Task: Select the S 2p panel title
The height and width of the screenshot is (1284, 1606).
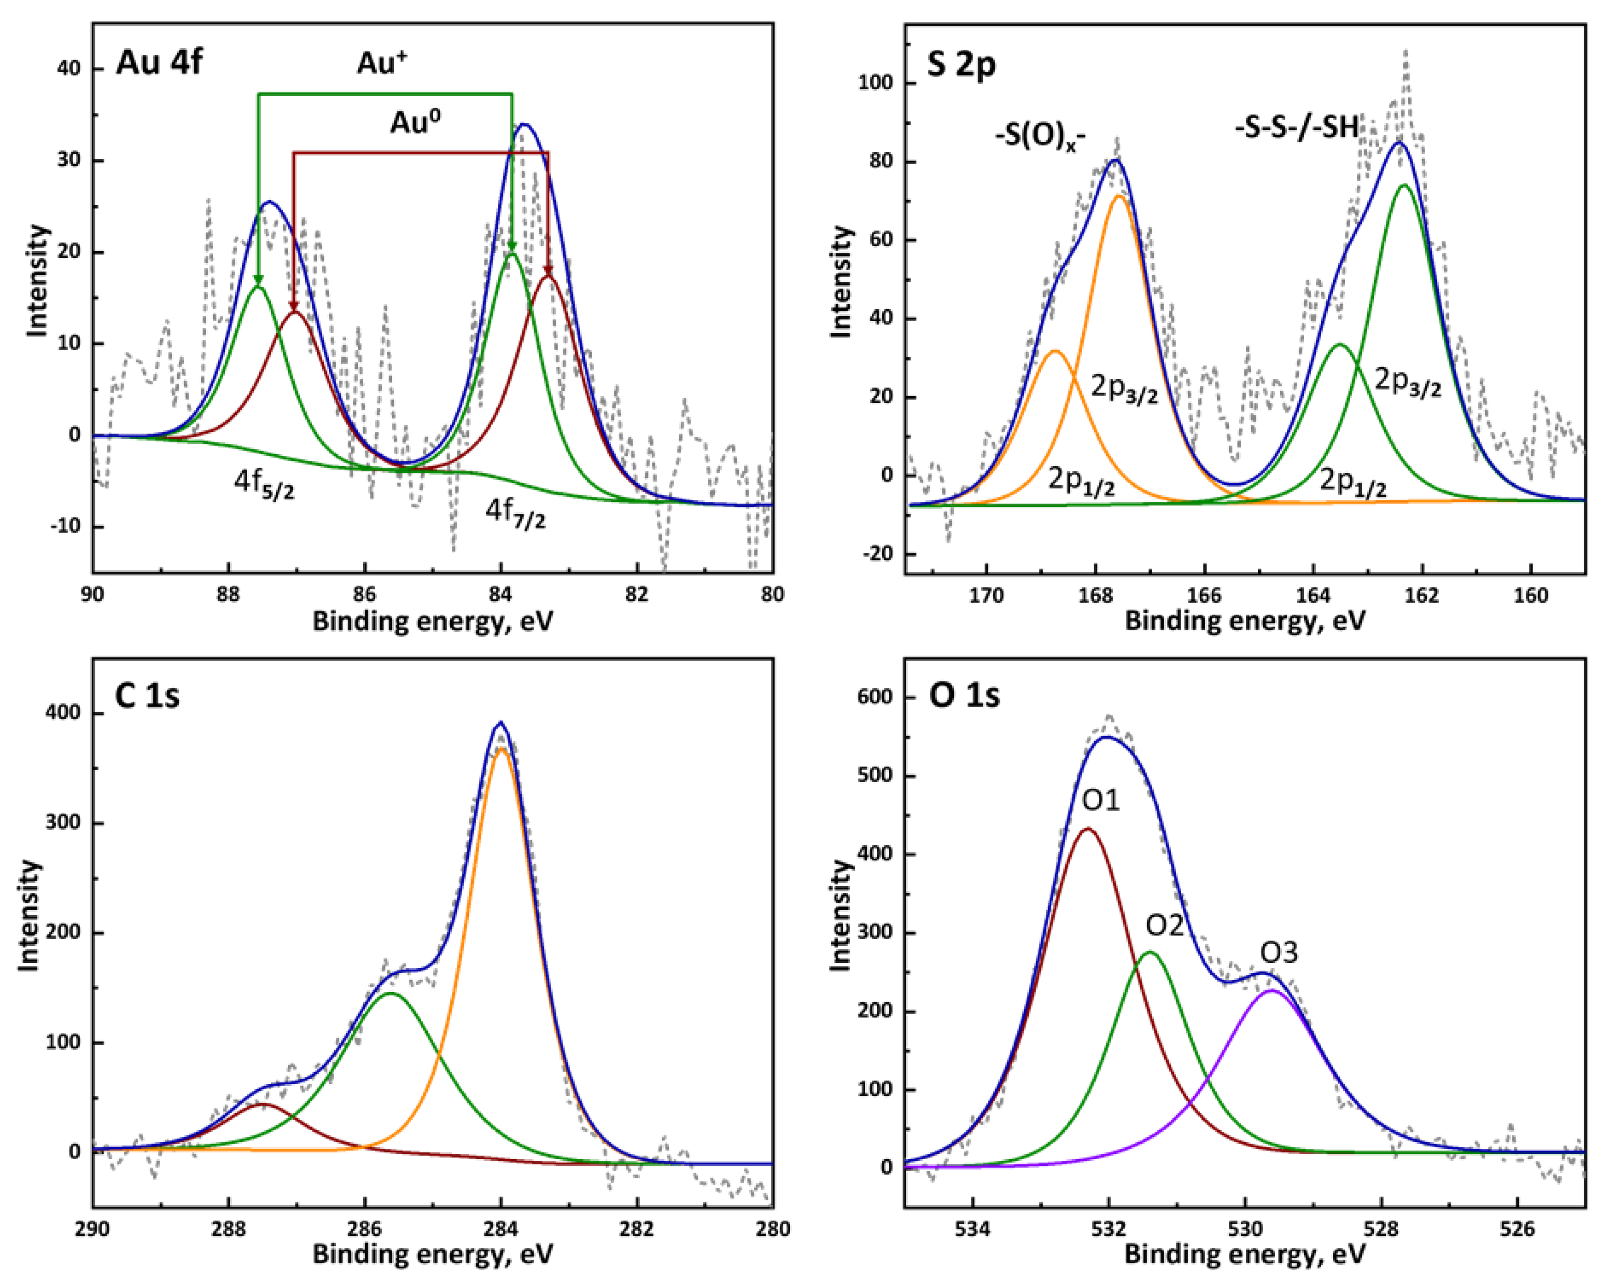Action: coord(961,66)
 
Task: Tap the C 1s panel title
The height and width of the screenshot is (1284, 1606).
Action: coord(147,696)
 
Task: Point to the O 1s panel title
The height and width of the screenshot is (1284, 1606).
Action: coord(964,696)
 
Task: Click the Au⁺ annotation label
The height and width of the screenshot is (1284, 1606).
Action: coord(382,63)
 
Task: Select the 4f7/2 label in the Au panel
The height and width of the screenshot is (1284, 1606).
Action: coord(515,513)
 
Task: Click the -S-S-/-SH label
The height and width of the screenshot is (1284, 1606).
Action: coord(1296,128)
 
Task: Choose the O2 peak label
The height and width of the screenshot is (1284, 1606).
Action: coord(1164,926)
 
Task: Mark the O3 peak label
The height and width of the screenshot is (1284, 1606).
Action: coord(1279,953)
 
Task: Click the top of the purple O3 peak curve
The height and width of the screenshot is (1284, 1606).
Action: coord(1272,990)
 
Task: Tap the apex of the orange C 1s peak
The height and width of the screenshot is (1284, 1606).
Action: coord(501,750)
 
